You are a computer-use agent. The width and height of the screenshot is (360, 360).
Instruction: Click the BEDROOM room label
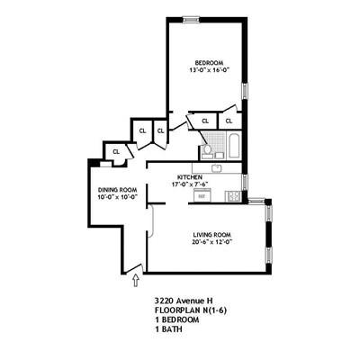(205, 62)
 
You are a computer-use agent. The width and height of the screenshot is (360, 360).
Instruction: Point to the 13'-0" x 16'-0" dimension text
(205, 70)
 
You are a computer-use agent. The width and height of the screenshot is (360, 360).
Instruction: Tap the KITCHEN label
(189, 177)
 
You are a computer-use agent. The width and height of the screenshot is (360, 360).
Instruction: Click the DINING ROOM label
(117, 190)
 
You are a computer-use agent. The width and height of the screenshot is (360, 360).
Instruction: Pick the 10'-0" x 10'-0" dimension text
(117, 198)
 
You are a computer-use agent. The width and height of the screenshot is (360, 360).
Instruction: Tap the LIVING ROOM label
(211, 234)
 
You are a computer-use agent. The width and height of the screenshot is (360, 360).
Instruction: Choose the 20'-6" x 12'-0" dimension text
(211, 242)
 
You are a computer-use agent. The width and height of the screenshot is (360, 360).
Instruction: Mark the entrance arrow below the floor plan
(135, 283)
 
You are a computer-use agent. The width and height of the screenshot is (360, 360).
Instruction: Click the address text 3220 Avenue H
(184, 301)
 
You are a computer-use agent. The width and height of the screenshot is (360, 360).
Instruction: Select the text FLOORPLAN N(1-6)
(191, 310)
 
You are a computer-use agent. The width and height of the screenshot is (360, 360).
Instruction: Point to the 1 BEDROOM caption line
(175, 320)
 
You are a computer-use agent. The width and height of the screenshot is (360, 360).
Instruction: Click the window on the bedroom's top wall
(192, 18)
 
